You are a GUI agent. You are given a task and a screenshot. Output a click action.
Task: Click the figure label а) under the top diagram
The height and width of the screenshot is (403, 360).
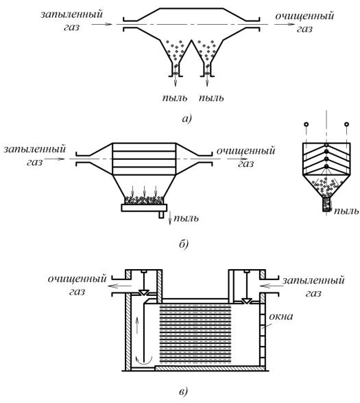point(187,119)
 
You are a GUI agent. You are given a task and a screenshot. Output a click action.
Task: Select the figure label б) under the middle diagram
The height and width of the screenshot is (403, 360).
point(184,244)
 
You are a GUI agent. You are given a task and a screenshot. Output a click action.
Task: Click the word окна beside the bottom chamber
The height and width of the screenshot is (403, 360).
point(280,316)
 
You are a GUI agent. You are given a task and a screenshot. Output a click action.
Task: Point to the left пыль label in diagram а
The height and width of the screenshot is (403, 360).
point(175,98)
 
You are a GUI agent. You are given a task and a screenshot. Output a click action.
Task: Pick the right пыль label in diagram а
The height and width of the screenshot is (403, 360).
point(211,98)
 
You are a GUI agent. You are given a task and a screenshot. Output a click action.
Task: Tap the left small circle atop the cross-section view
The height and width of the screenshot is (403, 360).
point(306,124)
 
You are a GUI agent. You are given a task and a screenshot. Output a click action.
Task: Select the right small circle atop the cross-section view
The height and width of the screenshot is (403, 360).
point(347,124)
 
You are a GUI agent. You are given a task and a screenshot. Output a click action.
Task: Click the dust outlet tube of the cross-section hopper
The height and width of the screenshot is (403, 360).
point(326,205)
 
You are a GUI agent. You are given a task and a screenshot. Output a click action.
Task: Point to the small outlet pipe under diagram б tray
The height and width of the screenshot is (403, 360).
point(161,215)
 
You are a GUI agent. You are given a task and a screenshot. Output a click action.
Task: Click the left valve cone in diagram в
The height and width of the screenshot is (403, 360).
point(143,292)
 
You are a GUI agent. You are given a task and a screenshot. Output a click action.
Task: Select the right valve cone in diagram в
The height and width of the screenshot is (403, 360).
point(247,301)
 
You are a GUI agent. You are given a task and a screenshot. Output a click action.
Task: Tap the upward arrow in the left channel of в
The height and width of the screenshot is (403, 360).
point(137,325)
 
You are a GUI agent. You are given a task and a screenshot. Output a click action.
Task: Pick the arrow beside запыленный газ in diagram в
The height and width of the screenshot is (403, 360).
point(271,286)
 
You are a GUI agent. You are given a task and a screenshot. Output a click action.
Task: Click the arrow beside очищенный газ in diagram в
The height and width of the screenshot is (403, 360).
point(119,286)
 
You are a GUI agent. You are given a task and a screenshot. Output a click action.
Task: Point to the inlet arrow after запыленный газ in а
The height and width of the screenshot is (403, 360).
point(101,25)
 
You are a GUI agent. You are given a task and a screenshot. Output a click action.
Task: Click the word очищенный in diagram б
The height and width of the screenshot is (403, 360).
point(245,150)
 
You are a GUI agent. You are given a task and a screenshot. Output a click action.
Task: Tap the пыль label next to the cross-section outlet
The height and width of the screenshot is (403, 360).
point(346,211)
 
